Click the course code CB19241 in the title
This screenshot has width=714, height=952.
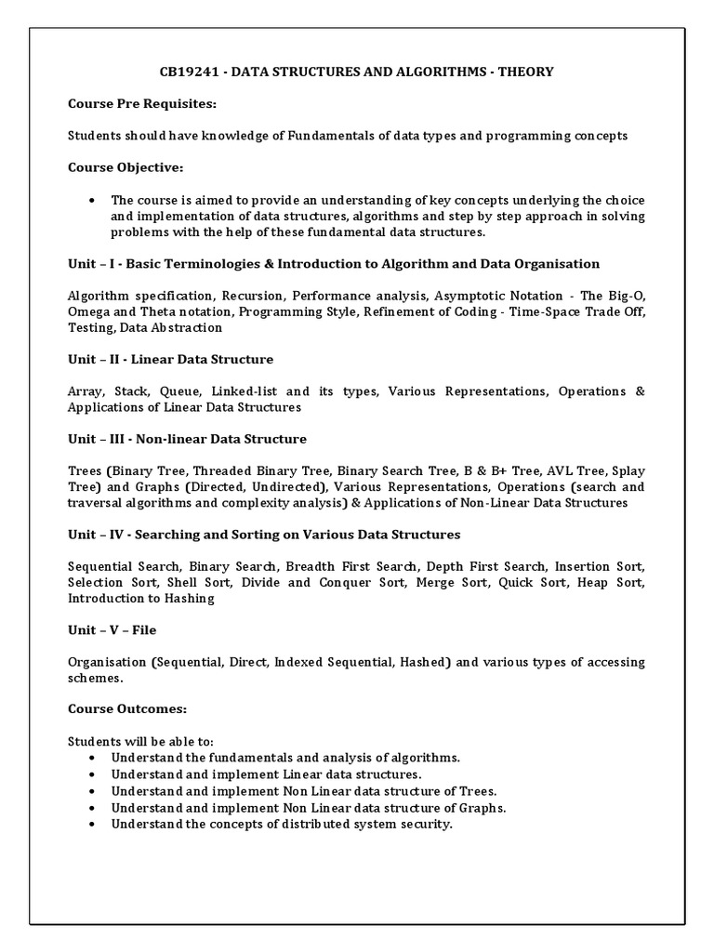[189, 73]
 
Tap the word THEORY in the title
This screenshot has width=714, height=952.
[528, 73]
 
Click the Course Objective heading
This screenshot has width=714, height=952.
[126, 167]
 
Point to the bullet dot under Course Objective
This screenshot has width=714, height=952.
[92, 200]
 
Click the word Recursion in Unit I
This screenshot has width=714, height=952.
[253, 296]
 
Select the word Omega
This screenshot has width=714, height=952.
[88, 311]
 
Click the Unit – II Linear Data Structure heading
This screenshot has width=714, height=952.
[170, 359]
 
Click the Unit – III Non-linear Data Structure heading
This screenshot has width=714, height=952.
[187, 439]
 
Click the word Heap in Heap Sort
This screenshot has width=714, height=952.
[592, 583]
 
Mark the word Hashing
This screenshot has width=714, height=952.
[189, 599]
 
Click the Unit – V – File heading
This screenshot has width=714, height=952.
[112, 630]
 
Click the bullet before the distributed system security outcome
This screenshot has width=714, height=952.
[92, 824]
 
